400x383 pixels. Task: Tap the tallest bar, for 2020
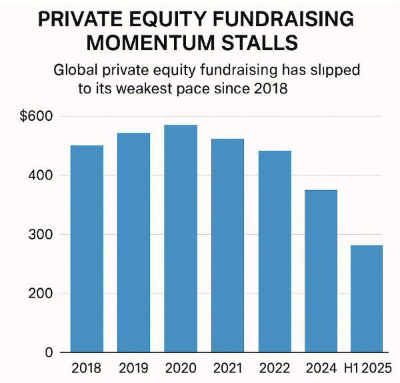tap(180, 238)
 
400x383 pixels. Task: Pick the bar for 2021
tap(227, 245)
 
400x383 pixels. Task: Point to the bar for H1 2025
tap(366, 298)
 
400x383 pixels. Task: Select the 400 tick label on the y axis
tap(41, 175)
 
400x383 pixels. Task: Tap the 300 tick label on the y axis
tap(41, 234)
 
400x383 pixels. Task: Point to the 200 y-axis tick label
tap(41, 294)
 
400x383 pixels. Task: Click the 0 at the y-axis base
tap(49, 352)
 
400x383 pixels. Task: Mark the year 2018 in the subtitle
tap(272, 89)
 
